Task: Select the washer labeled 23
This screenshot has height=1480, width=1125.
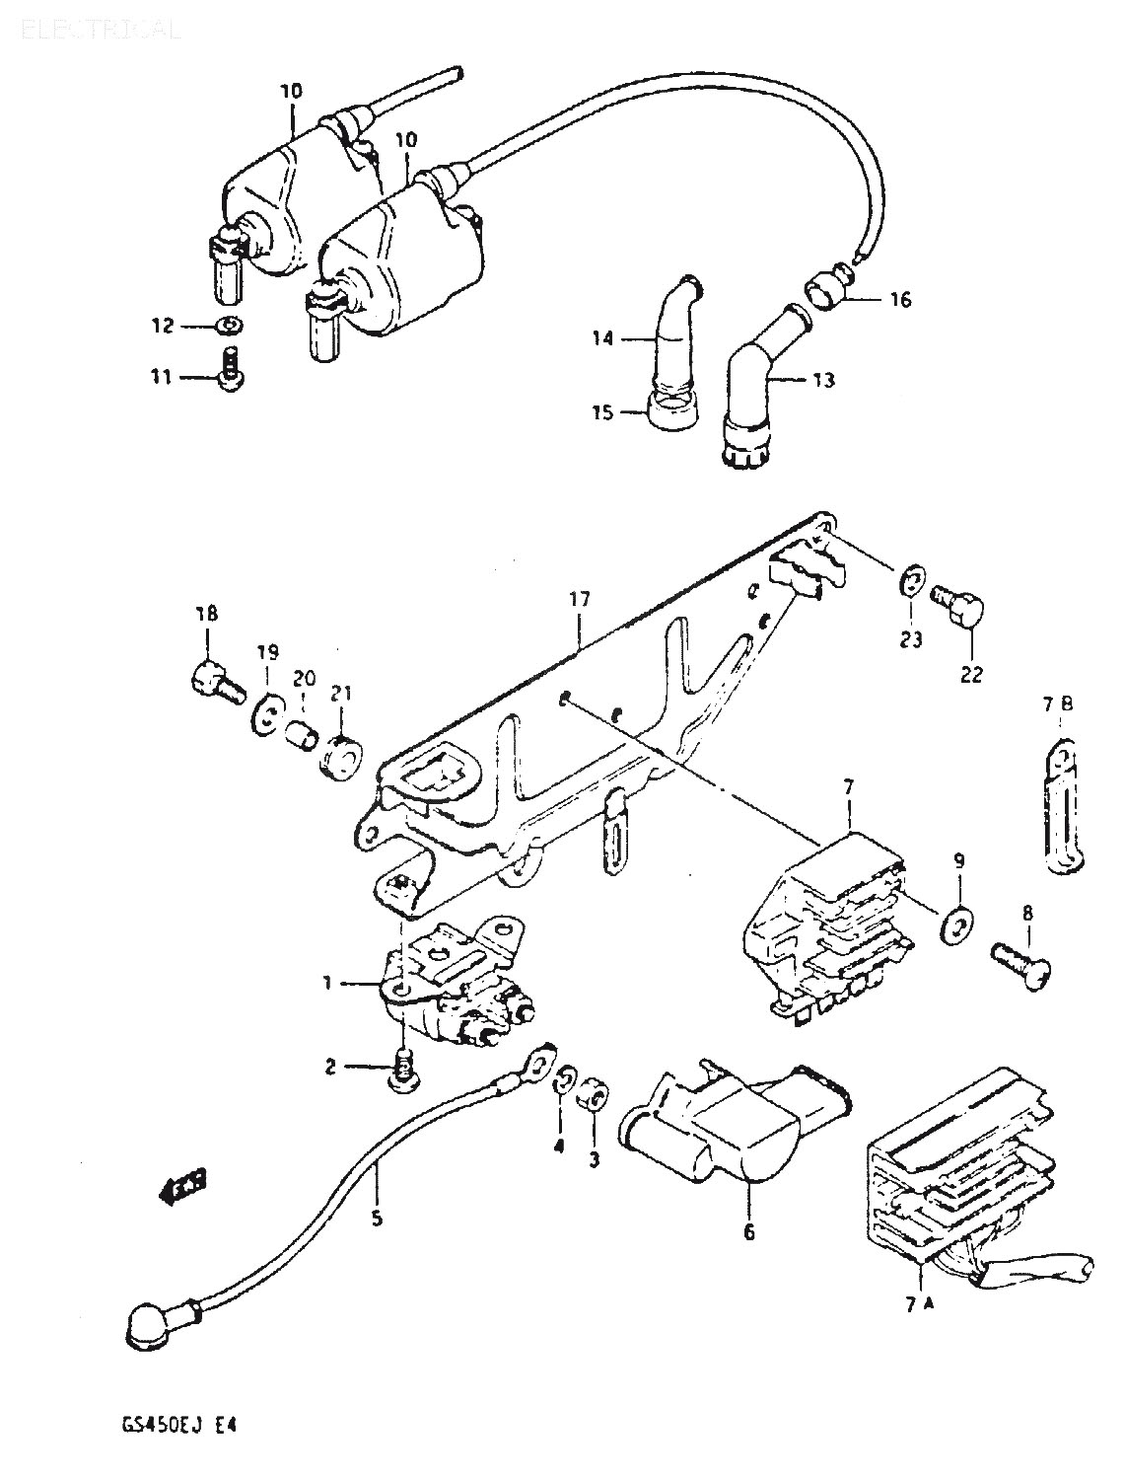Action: point(913,581)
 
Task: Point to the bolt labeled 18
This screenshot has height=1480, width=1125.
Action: point(213,680)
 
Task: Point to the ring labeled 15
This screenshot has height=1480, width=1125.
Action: point(671,410)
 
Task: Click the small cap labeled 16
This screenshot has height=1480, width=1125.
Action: point(823,295)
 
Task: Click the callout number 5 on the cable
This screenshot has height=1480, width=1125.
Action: point(376,1218)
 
